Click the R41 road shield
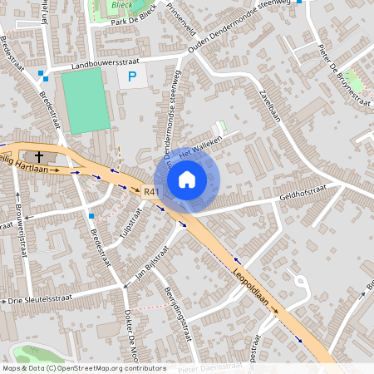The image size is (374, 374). click(150, 192)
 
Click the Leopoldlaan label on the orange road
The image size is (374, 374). click(253, 279)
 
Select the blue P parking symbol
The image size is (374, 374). click(131, 77)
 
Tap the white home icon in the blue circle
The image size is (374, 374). click(187, 180)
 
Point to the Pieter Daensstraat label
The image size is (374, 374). click(212, 368)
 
